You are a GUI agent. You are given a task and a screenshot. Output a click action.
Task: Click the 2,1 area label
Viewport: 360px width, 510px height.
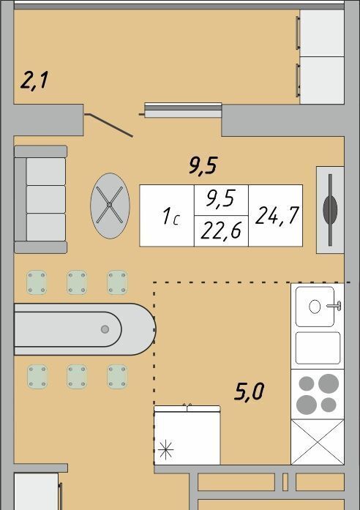pos(34,81)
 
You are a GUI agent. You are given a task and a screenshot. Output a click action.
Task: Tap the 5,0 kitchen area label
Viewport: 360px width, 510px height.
pos(249,391)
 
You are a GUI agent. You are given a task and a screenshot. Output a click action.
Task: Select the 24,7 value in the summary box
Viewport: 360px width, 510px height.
pos(277,215)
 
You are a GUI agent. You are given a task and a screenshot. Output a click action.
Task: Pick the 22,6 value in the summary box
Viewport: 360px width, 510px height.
pos(221,230)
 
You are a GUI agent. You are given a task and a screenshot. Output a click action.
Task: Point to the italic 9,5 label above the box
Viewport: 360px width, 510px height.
pos(203,165)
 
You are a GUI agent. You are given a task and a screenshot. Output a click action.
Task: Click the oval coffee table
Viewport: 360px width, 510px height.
pos(110,206)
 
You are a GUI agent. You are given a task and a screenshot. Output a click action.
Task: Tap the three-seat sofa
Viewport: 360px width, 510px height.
pos(41,199)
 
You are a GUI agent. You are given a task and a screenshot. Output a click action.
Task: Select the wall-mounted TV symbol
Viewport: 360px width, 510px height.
pos(330,210)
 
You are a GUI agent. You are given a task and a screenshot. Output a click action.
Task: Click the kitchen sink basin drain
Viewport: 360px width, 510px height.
pos(315,307)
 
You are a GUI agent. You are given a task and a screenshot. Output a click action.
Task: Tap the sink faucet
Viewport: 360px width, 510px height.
pos(334,306)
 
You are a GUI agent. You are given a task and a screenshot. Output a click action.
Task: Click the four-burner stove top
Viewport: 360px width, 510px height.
pos(318,394)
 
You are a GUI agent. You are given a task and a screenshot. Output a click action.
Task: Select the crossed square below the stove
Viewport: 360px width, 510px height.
pos(318,442)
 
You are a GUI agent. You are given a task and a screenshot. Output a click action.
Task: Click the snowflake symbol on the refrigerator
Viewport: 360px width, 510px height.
pos(165,449)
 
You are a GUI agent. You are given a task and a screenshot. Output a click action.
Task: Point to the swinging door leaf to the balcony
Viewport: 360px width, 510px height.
pos(109,125)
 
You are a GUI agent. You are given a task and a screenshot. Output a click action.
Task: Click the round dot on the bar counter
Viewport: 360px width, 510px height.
pos(105,329)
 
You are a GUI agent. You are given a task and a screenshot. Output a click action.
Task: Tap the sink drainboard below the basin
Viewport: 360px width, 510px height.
pos(318,348)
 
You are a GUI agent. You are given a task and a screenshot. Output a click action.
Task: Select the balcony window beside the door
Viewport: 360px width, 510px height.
pos(183,110)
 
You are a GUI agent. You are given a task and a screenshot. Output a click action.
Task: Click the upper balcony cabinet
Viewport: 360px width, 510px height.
pos(322,33)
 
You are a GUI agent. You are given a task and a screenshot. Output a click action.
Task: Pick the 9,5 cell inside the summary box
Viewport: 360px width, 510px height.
pos(221,200)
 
